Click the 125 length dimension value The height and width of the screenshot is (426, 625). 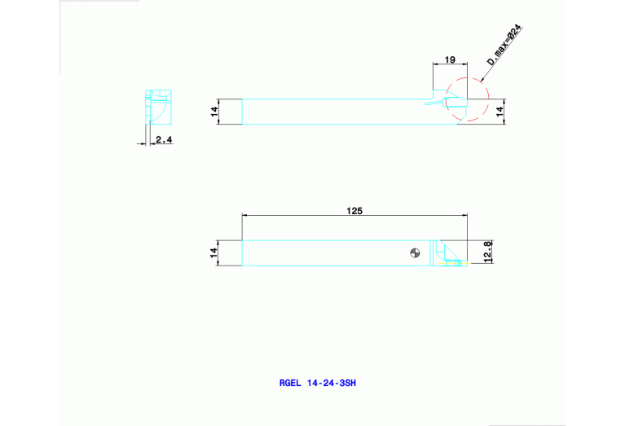point(354,210)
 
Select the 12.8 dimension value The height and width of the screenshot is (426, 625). point(487,253)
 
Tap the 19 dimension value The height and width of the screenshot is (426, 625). point(449,61)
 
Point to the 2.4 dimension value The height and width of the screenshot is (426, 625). point(164,140)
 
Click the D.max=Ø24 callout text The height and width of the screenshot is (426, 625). point(504,45)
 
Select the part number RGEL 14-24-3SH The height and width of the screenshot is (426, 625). point(317,381)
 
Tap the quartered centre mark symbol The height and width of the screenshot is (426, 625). point(415,253)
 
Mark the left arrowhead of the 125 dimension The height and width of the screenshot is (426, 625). point(245,215)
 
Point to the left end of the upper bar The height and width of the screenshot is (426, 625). point(243,112)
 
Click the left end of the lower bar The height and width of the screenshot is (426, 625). point(243,253)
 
